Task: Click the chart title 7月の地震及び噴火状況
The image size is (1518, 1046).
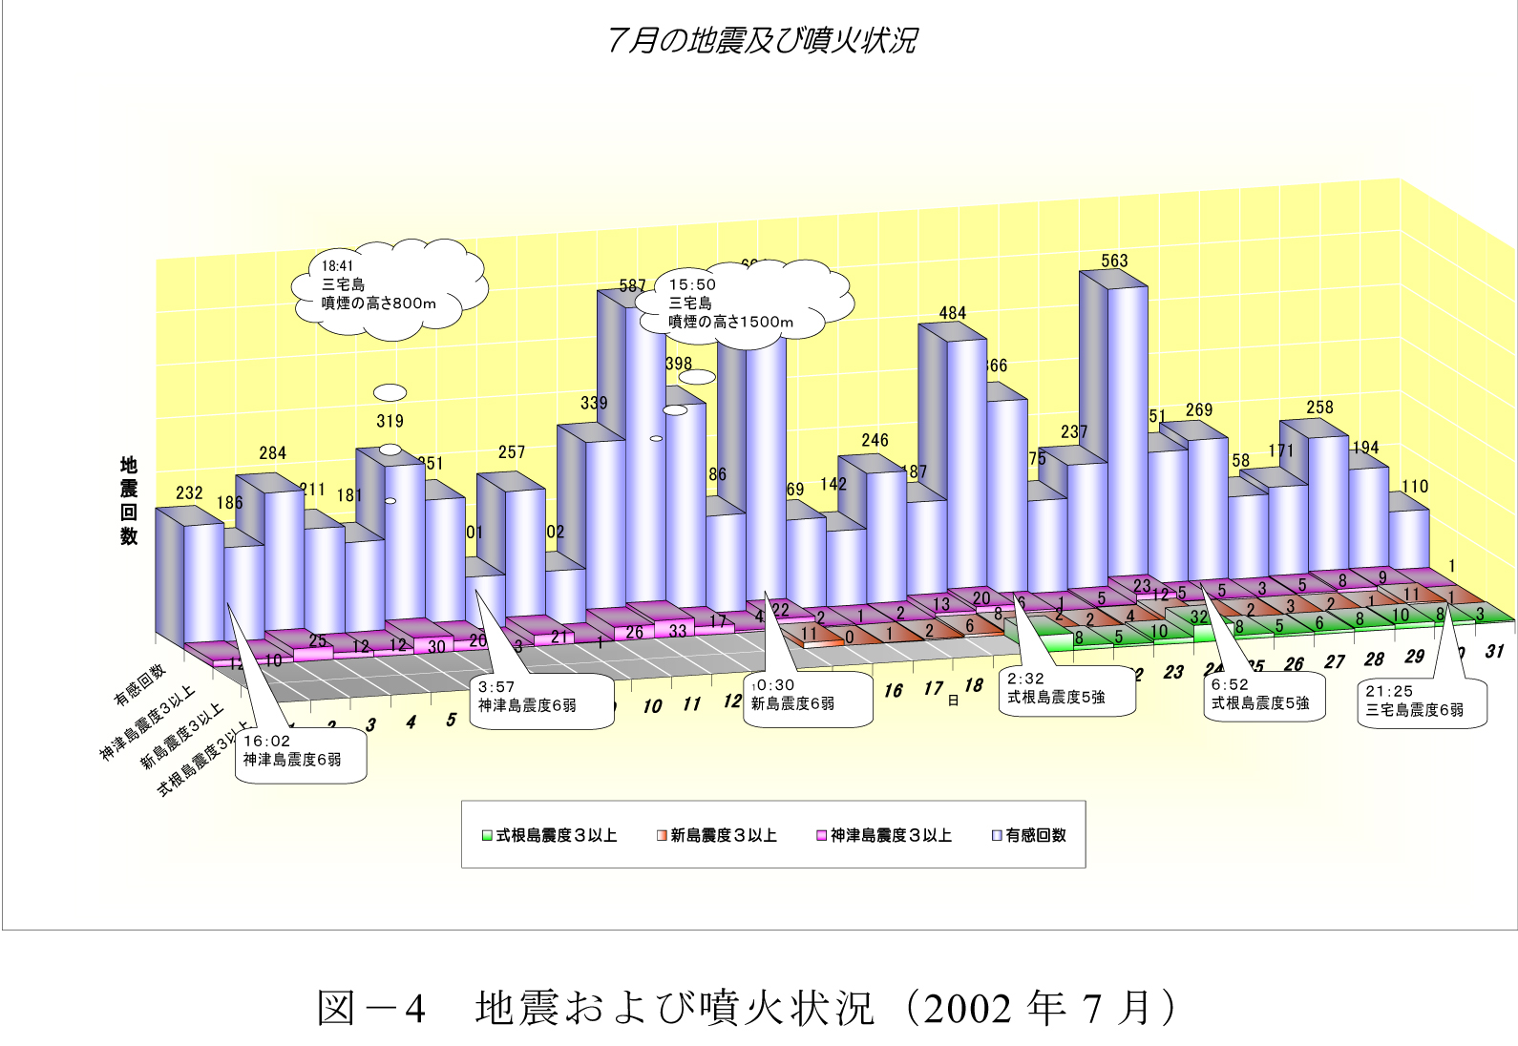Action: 761,40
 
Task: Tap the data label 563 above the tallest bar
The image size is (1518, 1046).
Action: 1114,261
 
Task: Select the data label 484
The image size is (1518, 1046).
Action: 952,313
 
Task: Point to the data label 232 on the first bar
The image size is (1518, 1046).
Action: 189,492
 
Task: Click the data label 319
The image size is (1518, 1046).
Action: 390,421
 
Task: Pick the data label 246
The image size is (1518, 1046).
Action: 875,440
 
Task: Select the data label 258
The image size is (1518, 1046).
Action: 1319,408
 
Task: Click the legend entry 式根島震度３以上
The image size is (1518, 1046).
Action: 550,835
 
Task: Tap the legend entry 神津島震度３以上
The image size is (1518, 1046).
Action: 884,835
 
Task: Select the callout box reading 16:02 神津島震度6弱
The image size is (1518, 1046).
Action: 300,754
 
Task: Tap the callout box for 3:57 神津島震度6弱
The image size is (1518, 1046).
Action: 541,700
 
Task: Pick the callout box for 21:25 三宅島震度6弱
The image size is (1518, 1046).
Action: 1422,702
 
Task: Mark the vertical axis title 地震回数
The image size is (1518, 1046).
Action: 129,501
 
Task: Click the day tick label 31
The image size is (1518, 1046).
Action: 1494,652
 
